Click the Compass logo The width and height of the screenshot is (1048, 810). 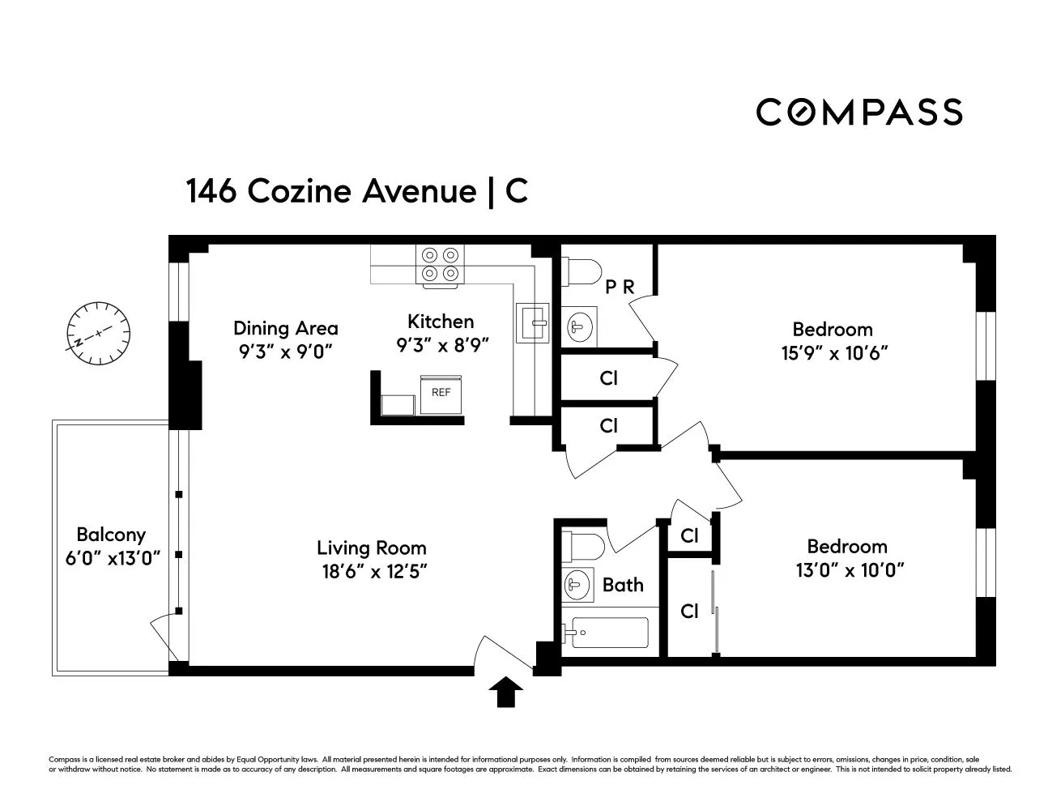[858, 112]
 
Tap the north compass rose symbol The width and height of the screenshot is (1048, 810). [99, 333]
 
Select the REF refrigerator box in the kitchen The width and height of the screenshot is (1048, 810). [441, 394]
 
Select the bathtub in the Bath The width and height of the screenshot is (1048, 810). [607, 633]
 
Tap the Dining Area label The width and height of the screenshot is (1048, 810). [285, 328]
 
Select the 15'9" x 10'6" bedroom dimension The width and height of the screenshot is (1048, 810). [833, 353]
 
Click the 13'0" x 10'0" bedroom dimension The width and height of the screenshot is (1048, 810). [847, 569]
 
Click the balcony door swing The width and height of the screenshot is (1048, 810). [164, 637]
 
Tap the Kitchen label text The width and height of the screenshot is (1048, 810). [441, 321]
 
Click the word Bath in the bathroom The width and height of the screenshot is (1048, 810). [623, 584]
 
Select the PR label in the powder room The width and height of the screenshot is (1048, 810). [620, 287]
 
